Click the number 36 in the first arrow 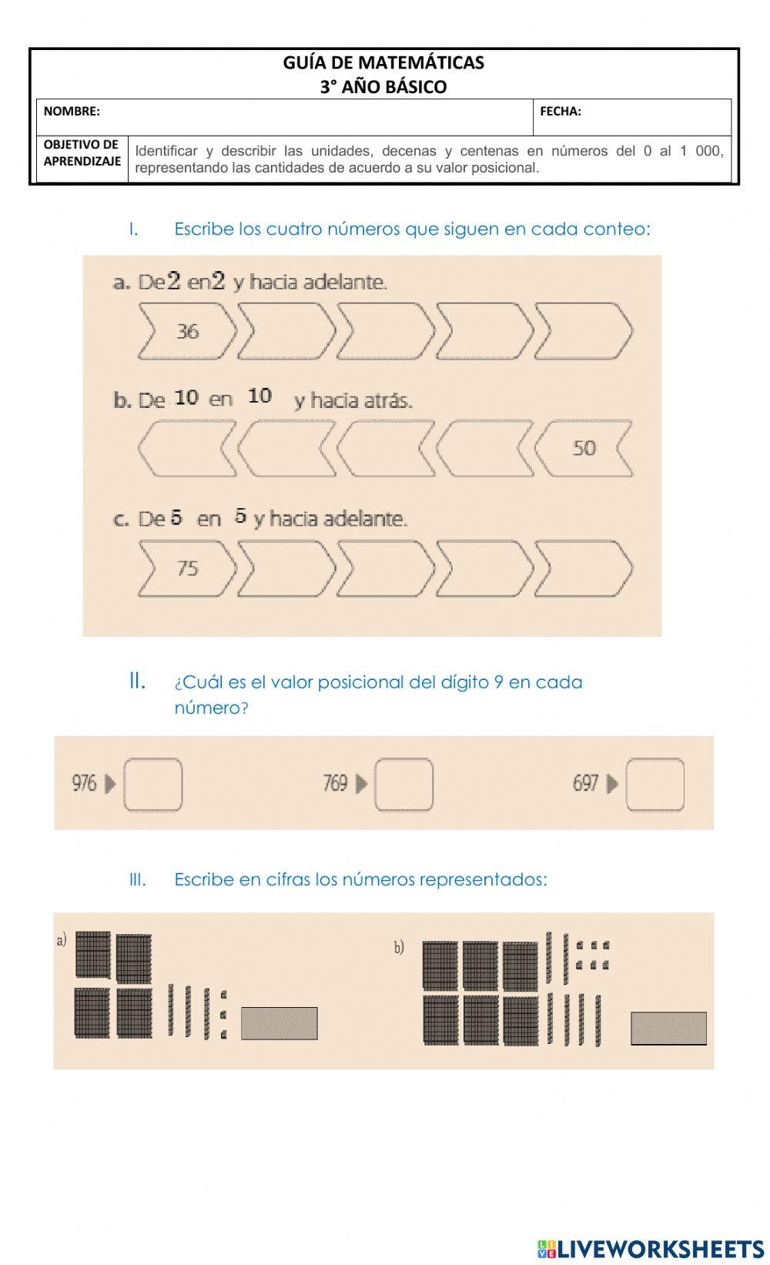pos(187,332)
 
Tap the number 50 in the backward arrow pos(584,448)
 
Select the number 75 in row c pos(187,568)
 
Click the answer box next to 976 pos(153,785)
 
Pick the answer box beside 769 pos(403,785)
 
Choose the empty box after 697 pos(654,785)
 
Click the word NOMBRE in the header pos(72,112)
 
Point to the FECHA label pos(561,112)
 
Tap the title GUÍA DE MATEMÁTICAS pos(383,62)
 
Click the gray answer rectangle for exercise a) pos(279,1023)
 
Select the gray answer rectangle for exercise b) pos(668,1029)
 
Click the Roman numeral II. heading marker pos(137,681)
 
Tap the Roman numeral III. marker pos(137,880)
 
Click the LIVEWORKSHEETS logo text pos(660,1248)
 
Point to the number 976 pos(84,784)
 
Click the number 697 pos(585,784)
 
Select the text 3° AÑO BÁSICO pos(383,87)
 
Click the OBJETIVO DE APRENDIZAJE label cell pos(82,153)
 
